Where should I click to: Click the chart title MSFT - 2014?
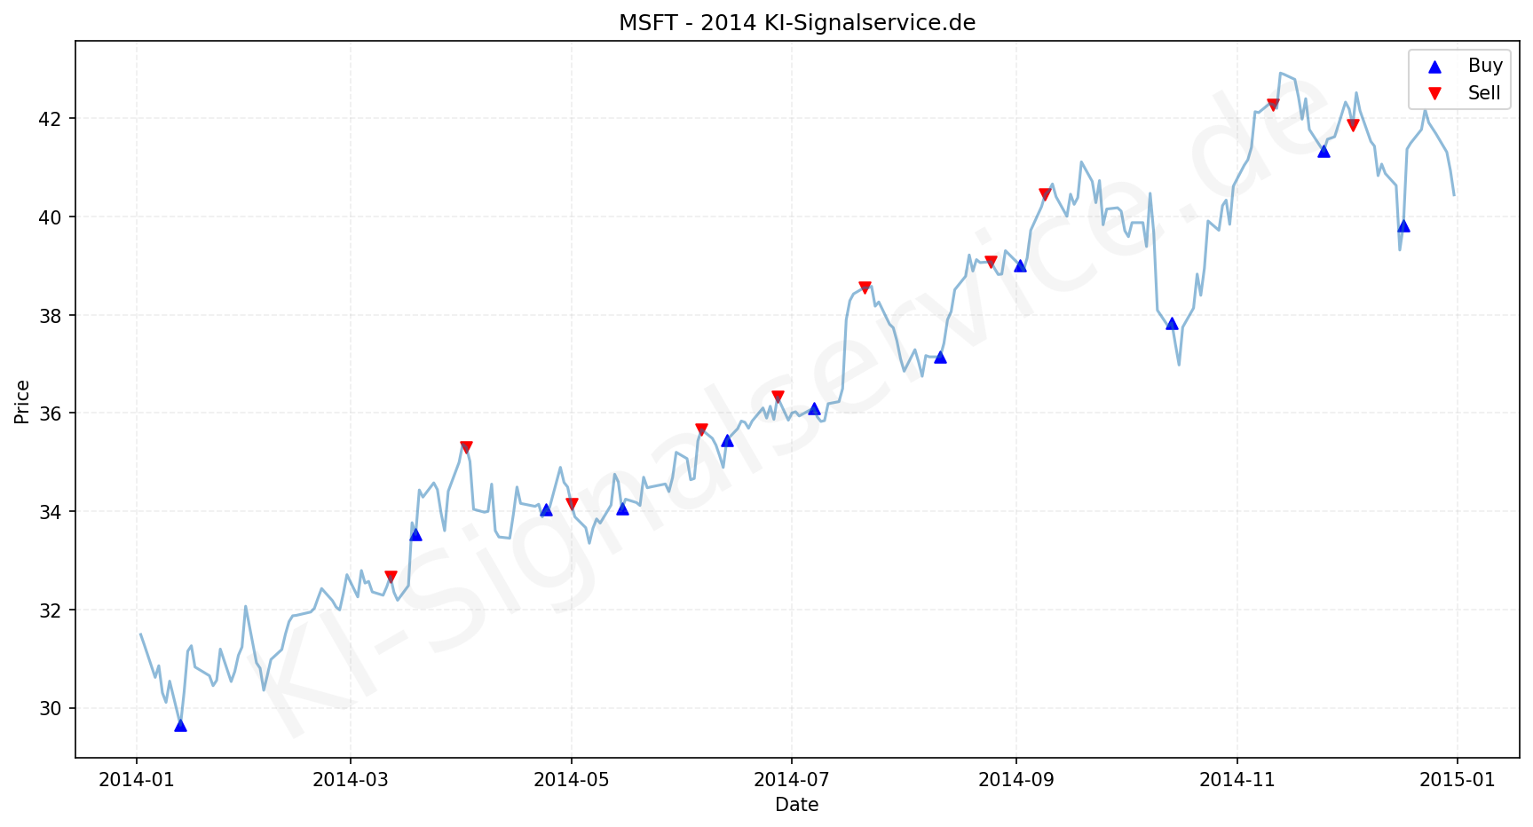(x=796, y=23)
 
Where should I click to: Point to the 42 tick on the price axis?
(x=52, y=119)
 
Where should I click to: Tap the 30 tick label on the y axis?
(x=52, y=709)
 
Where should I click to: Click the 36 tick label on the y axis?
(x=52, y=413)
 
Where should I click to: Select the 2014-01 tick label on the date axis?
(x=137, y=780)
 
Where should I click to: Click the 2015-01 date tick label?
(x=1457, y=780)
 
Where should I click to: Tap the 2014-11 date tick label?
(x=1237, y=780)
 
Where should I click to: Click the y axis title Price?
(x=23, y=402)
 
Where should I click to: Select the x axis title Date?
(x=796, y=805)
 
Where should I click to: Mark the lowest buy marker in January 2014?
(x=180, y=725)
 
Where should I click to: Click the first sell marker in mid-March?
(x=391, y=577)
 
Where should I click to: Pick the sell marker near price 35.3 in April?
(x=466, y=447)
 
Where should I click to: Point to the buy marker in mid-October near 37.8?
(x=1172, y=323)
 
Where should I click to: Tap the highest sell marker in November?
(x=1273, y=105)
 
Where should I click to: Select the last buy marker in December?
(x=1403, y=225)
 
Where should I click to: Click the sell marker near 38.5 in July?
(x=865, y=287)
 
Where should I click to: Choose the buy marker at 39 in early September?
(x=1020, y=265)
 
